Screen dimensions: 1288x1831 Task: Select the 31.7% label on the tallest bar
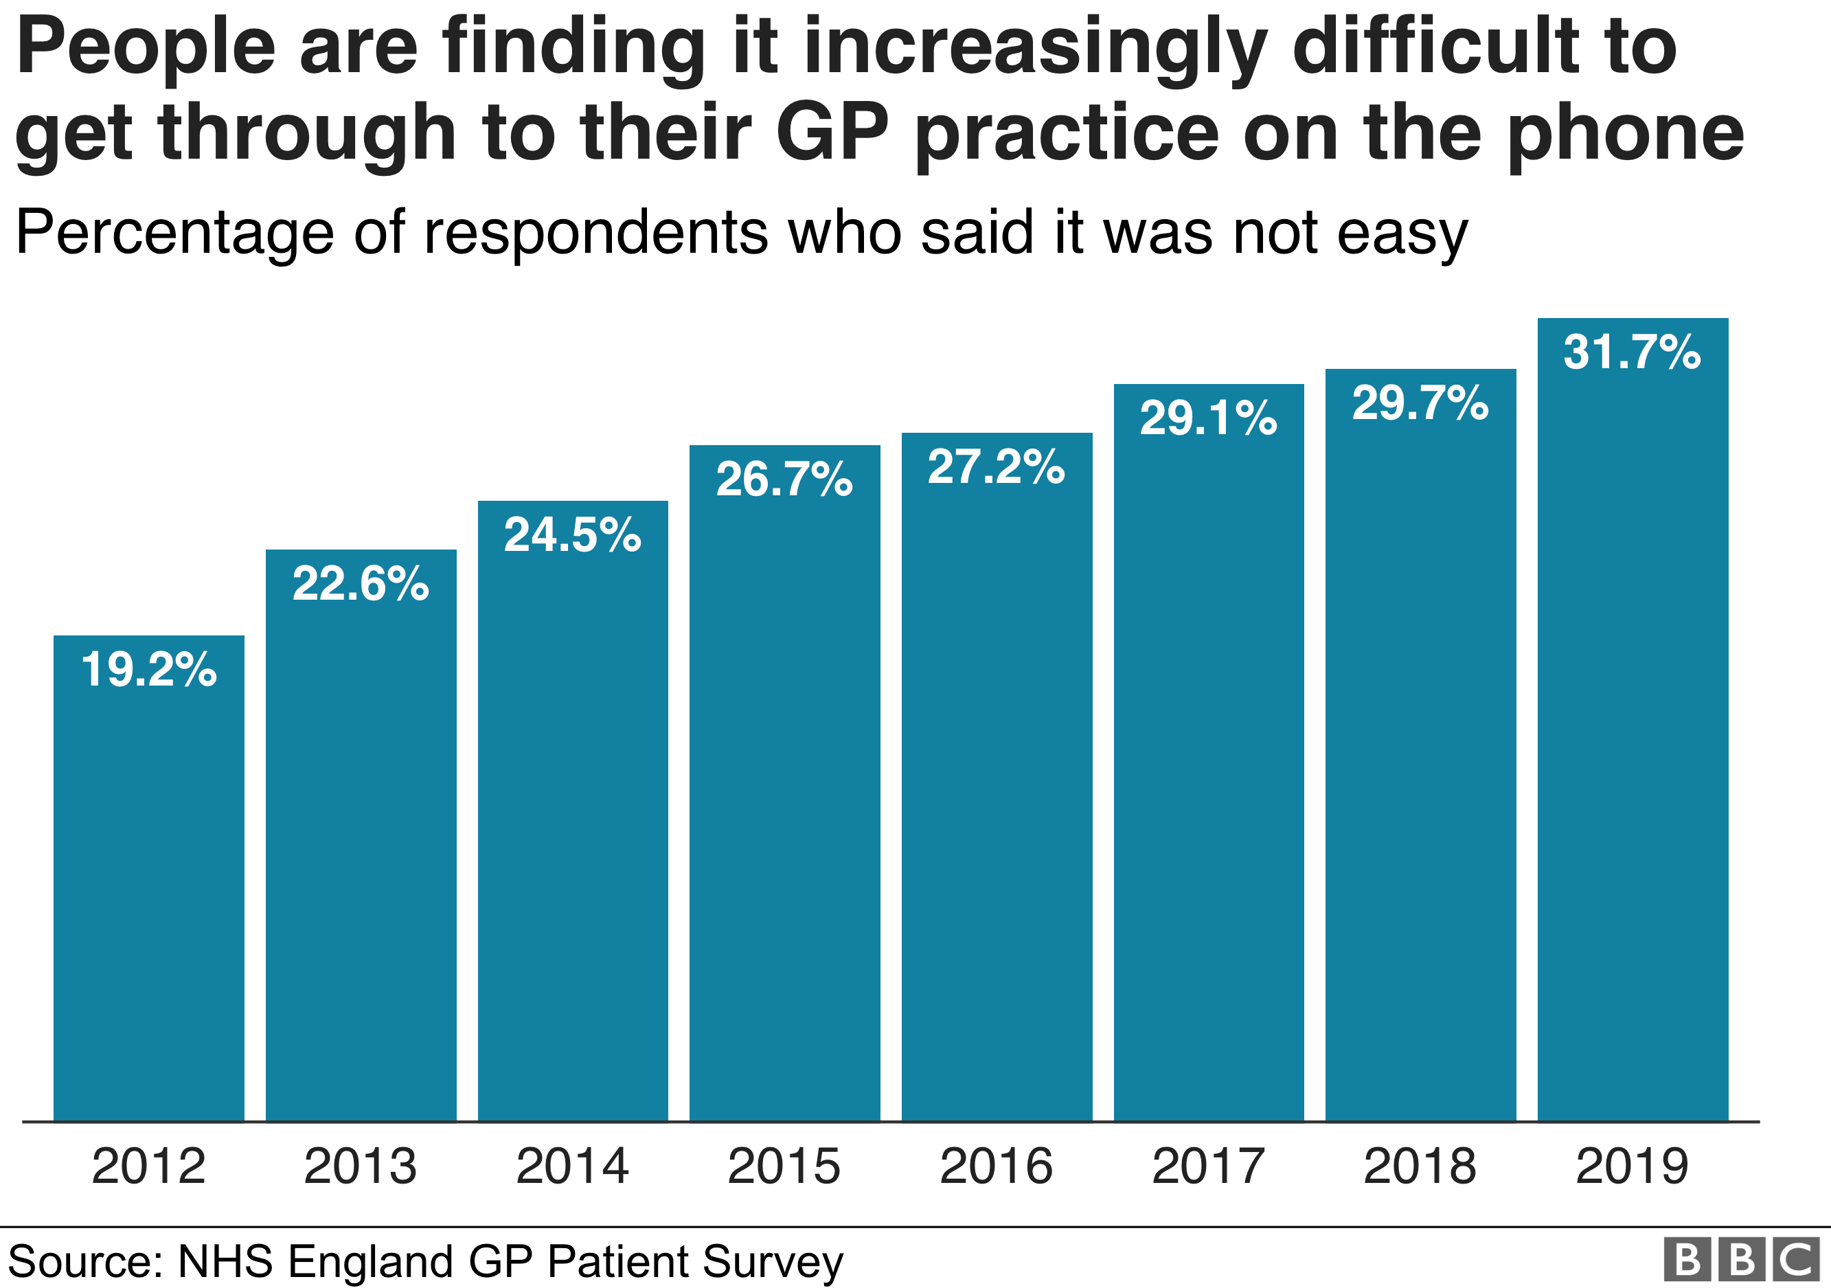(1632, 352)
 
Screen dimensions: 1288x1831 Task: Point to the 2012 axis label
(148, 1166)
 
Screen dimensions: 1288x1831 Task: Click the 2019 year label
(1632, 1166)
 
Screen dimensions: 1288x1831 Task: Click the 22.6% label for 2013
(361, 583)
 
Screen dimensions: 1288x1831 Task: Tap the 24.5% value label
(573, 534)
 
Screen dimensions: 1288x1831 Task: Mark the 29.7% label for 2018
(1420, 403)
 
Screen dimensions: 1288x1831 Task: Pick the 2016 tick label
(996, 1166)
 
